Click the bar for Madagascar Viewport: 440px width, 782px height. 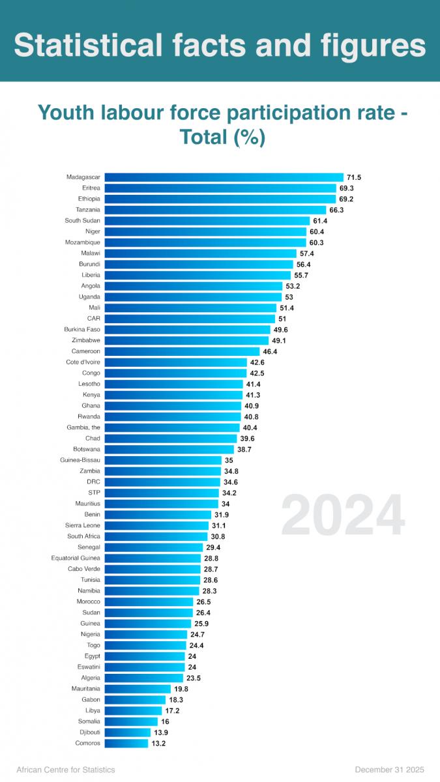click(224, 177)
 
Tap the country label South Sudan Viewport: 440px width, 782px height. click(82, 221)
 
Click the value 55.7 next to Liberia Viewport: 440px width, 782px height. click(302, 275)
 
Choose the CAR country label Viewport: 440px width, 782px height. click(93, 319)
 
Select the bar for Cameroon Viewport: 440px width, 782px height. click(182, 351)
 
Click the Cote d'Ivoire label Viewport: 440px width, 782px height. click(83, 362)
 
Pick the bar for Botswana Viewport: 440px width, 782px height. click(169, 450)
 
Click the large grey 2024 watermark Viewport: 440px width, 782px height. click(343, 515)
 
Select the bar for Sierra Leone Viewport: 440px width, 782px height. click(156, 525)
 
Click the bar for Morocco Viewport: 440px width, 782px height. click(149, 601)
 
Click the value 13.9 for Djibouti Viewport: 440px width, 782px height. click(160, 732)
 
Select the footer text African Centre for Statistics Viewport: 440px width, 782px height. click(65, 770)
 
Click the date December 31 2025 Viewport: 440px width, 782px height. click(391, 770)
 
